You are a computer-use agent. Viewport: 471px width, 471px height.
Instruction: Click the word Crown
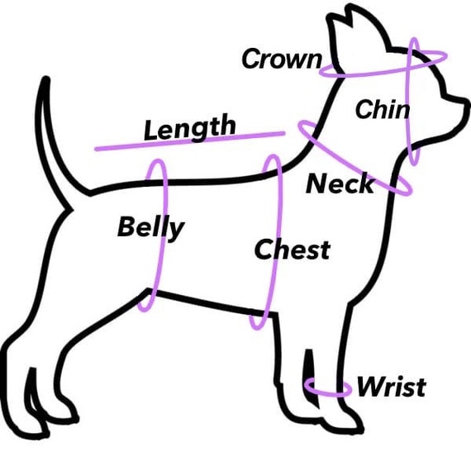click(x=282, y=59)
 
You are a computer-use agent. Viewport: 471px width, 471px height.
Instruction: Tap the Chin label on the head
click(x=382, y=109)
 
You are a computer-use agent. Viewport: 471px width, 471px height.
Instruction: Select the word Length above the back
click(x=190, y=127)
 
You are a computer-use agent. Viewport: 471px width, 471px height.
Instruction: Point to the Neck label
click(x=340, y=183)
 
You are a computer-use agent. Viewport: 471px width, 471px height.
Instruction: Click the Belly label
click(x=150, y=227)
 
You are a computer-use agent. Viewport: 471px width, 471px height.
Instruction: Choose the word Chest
click(x=293, y=249)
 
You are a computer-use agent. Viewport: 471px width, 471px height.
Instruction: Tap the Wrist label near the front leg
click(x=392, y=387)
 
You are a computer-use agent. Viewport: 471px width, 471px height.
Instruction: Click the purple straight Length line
click(x=190, y=140)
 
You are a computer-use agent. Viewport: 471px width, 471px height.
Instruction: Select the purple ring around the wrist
click(x=327, y=394)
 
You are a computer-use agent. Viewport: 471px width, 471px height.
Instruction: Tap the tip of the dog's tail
click(x=45, y=78)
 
